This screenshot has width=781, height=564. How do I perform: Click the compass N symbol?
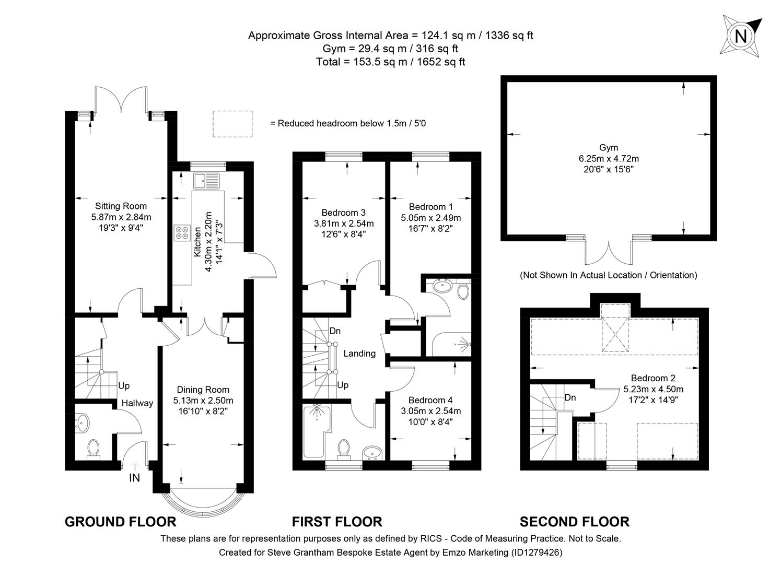coord(740,36)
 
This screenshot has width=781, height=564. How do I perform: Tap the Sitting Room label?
coord(121,206)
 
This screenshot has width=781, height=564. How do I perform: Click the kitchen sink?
coord(207,181)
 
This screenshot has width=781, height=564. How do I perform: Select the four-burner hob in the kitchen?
coord(182,232)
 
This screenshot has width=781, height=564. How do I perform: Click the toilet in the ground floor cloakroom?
coord(94,448)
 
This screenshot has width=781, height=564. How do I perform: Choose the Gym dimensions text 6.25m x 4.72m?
coord(608,159)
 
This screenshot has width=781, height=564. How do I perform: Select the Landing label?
coord(359,354)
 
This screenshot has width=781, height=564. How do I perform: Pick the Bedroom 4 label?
coord(430,400)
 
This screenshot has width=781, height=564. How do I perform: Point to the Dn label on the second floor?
coord(570,397)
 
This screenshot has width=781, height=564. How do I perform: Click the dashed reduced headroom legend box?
coord(232,124)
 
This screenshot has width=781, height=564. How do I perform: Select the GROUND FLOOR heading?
coord(120,521)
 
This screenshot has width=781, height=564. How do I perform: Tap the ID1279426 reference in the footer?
coord(536,552)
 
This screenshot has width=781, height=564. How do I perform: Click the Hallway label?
coord(137,403)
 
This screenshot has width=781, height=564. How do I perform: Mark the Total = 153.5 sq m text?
coord(390,62)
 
